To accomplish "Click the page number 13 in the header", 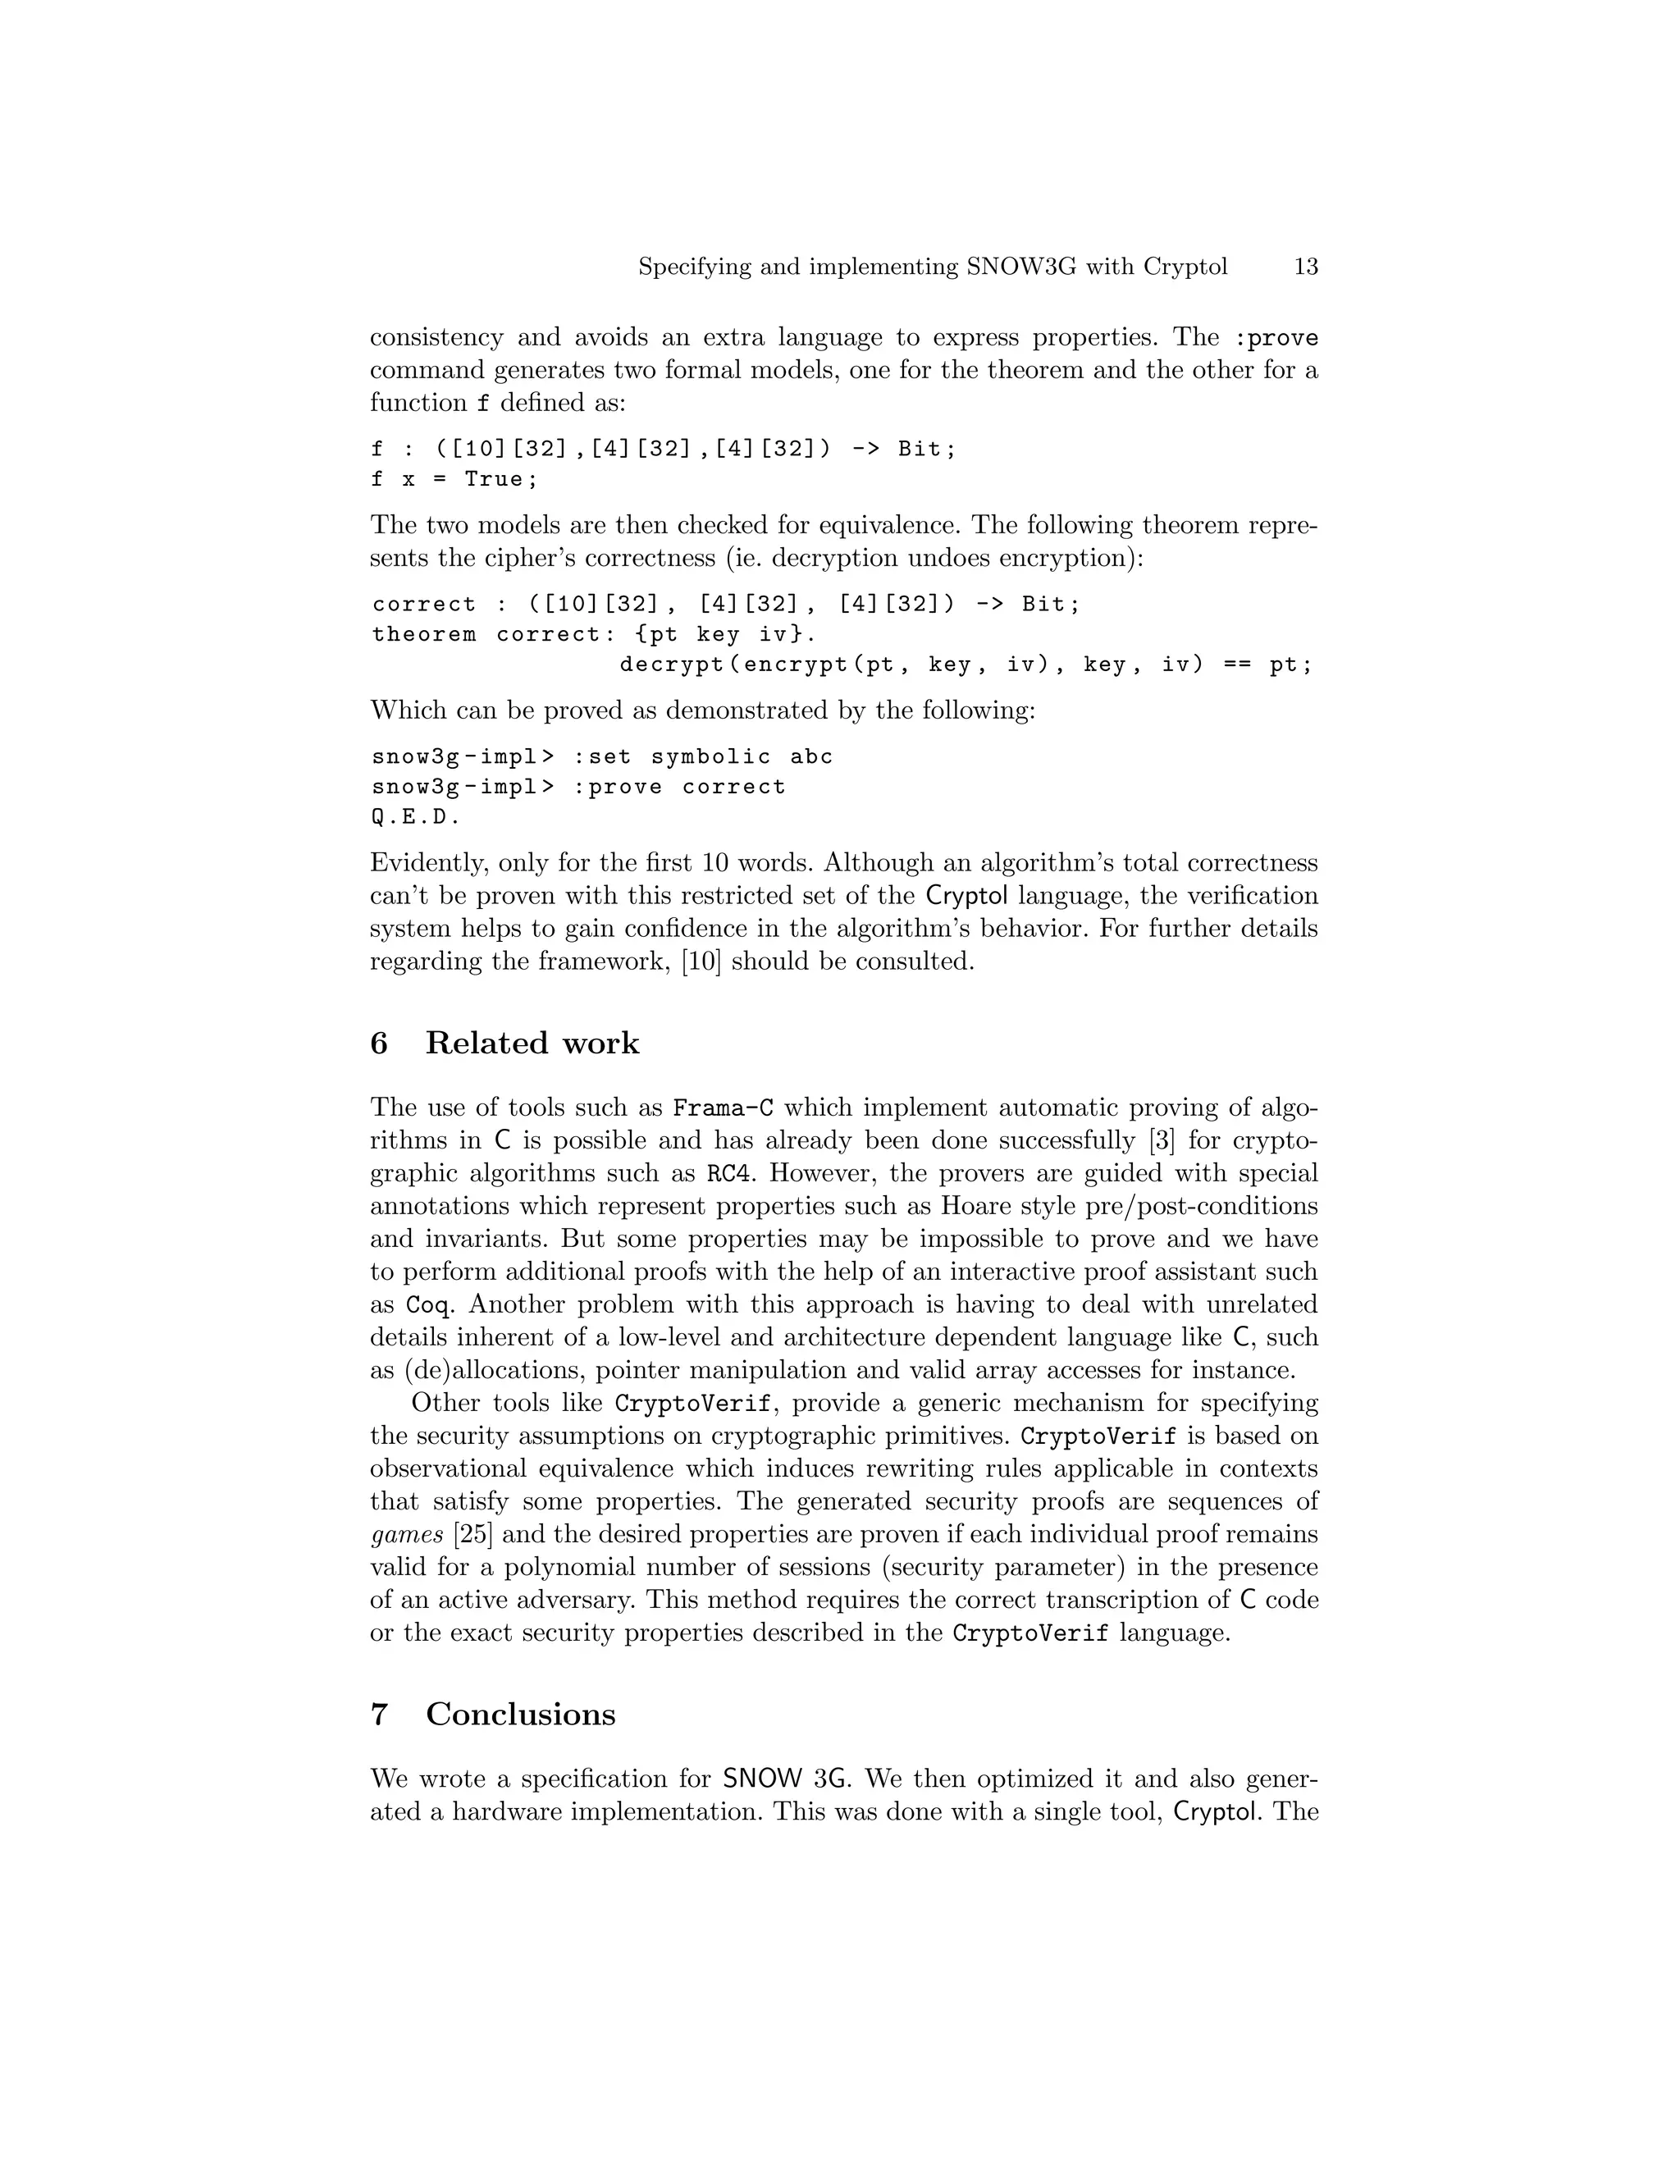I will [x=1305, y=267].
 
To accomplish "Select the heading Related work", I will [x=532, y=1044].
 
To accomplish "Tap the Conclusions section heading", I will [x=521, y=1714].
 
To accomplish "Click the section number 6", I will [x=379, y=1044].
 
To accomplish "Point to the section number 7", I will [x=379, y=1714].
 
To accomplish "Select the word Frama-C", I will [x=724, y=1108].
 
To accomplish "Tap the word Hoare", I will [x=971, y=1207].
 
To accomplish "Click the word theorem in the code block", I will [x=424, y=634].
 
